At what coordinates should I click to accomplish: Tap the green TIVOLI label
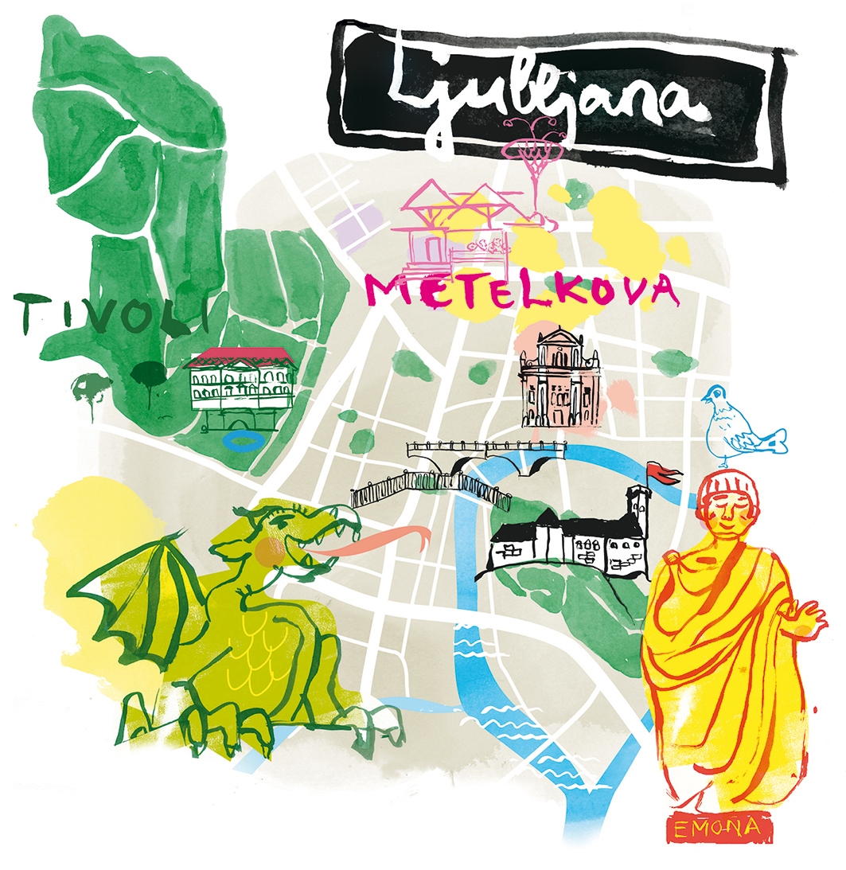pyautogui.click(x=111, y=313)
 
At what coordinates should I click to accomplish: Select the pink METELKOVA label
pyautogui.click(x=522, y=291)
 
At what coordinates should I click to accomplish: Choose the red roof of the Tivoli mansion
pyautogui.click(x=239, y=355)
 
